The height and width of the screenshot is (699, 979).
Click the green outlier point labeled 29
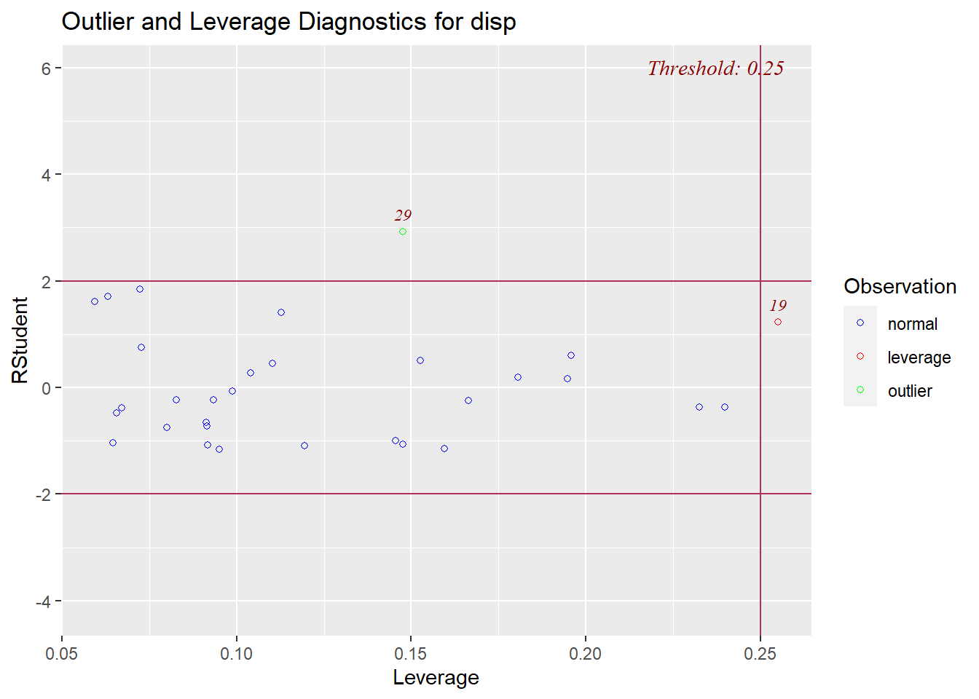pyautogui.click(x=403, y=232)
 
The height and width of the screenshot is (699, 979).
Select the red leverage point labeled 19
pyautogui.click(x=778, y=322)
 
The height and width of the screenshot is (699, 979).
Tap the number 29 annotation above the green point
pyautogui.click(x=403, y=216)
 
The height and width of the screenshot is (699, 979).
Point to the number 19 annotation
pyautogui.click(x=778, y=306)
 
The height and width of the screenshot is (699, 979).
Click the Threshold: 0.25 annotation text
pyautogui.click(x=715, y=68)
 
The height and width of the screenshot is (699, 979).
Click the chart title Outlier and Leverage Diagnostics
pyautogui.click(x=288, y=22)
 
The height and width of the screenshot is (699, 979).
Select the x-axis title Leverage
pyautogui.click(x=436, y=677)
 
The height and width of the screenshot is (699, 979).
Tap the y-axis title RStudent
pyautogui.click(x=20, y=340)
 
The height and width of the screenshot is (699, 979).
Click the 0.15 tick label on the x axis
pyautogui.click(x=410, y=654)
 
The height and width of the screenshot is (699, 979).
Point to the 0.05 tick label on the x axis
pyautogui.click(x=62, y=654)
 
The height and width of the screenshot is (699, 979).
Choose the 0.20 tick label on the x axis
pyautogui.click(x=585, y=654)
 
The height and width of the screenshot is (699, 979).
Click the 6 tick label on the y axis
pyautogui.click(x=46, y=68)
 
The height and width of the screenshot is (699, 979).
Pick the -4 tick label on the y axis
pyautogui.click(x=42, y=601)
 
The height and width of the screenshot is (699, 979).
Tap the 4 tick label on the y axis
pyautogui.click(x=46, y=175)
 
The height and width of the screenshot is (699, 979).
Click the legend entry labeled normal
pyautogui.click(x=912, y=324)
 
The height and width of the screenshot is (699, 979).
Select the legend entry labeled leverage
pyautogui.click(x=919, y=358)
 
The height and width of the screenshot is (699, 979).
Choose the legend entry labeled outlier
pyautogui.click(x=909, y=391)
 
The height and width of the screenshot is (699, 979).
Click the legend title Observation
pyautogui.click(x=900, y=286)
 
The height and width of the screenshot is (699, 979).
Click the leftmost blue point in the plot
pyautogui.click(x=95, y=301)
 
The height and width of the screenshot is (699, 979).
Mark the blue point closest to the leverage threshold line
pyautogui.click(x=725, y=407)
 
